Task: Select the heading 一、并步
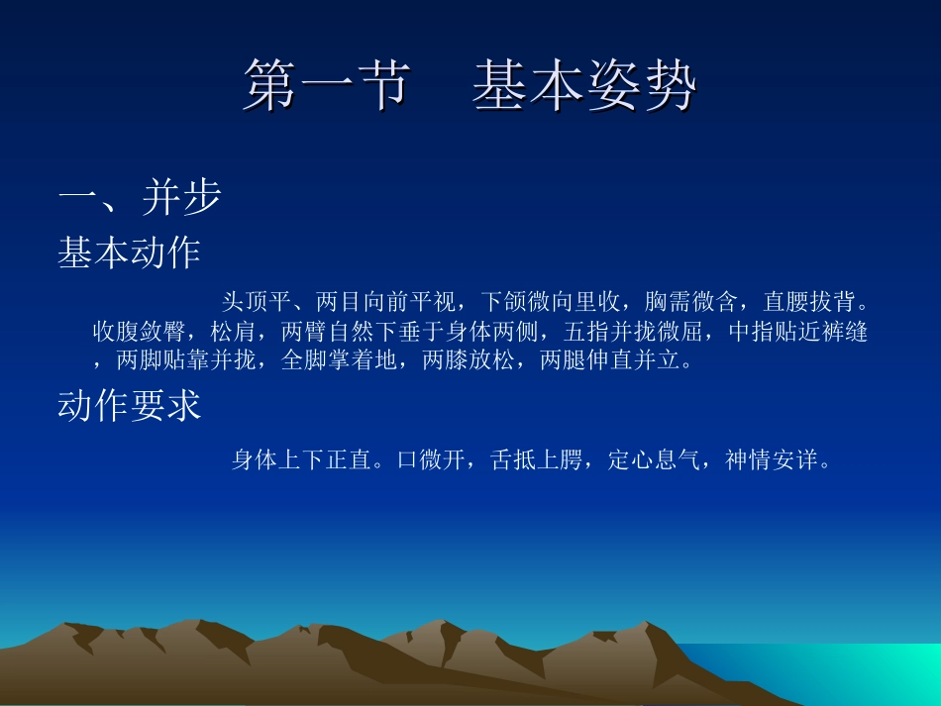click(139, 198)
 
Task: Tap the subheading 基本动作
click(129, 253)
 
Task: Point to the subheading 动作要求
click(129, 406)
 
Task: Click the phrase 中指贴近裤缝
click(797, 332)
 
